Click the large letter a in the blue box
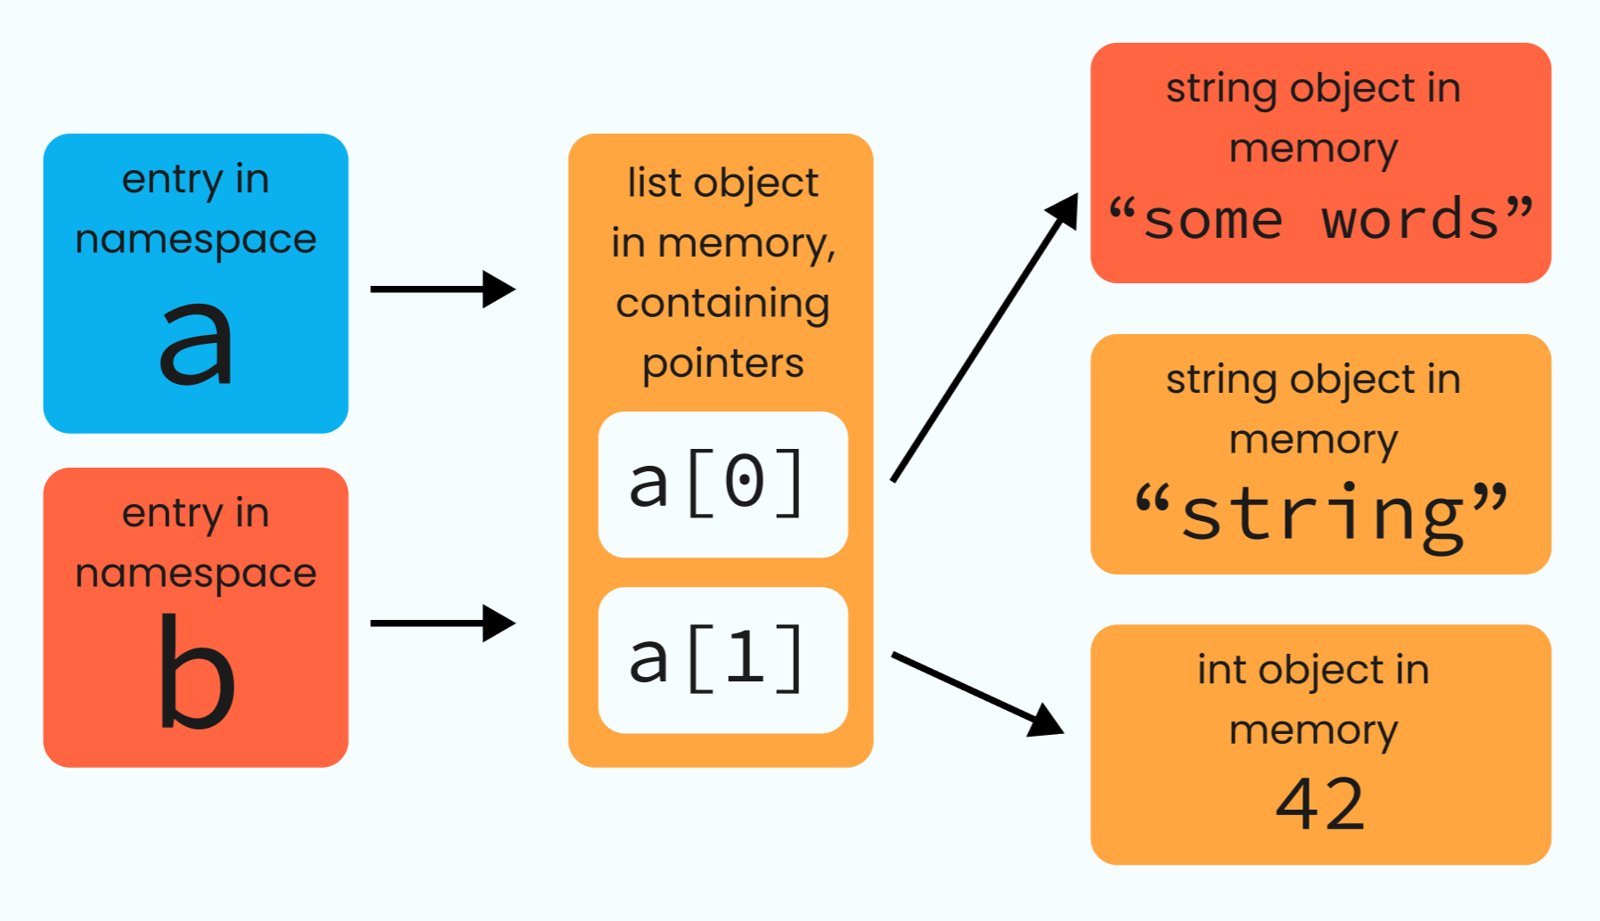[x=196, y=343]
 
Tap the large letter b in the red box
[x=196, y=672]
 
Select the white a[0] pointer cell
[x=722, y=485]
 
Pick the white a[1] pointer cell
[x=722, y=660]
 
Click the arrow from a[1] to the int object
[x=971, y=690]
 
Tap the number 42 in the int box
[x=1320, y=804]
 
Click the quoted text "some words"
[x=1320, y=219]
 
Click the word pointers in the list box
[x=722, y=363]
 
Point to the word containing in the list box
[x=722, y=304]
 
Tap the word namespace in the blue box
[x=196, y=239]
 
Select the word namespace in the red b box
[x=196, y=573]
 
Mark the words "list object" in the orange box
[x=722, y=183]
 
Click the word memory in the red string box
[x=1313, y=148]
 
